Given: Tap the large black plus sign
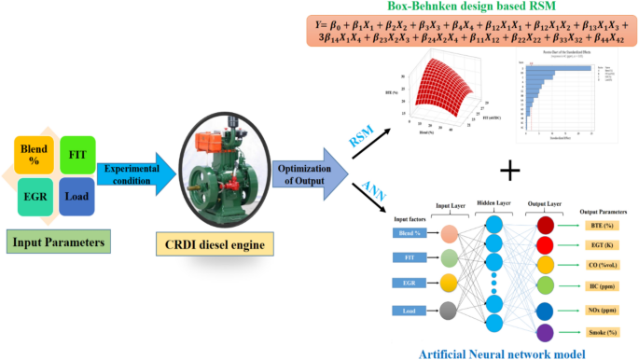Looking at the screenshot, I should (x=509, y=172).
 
